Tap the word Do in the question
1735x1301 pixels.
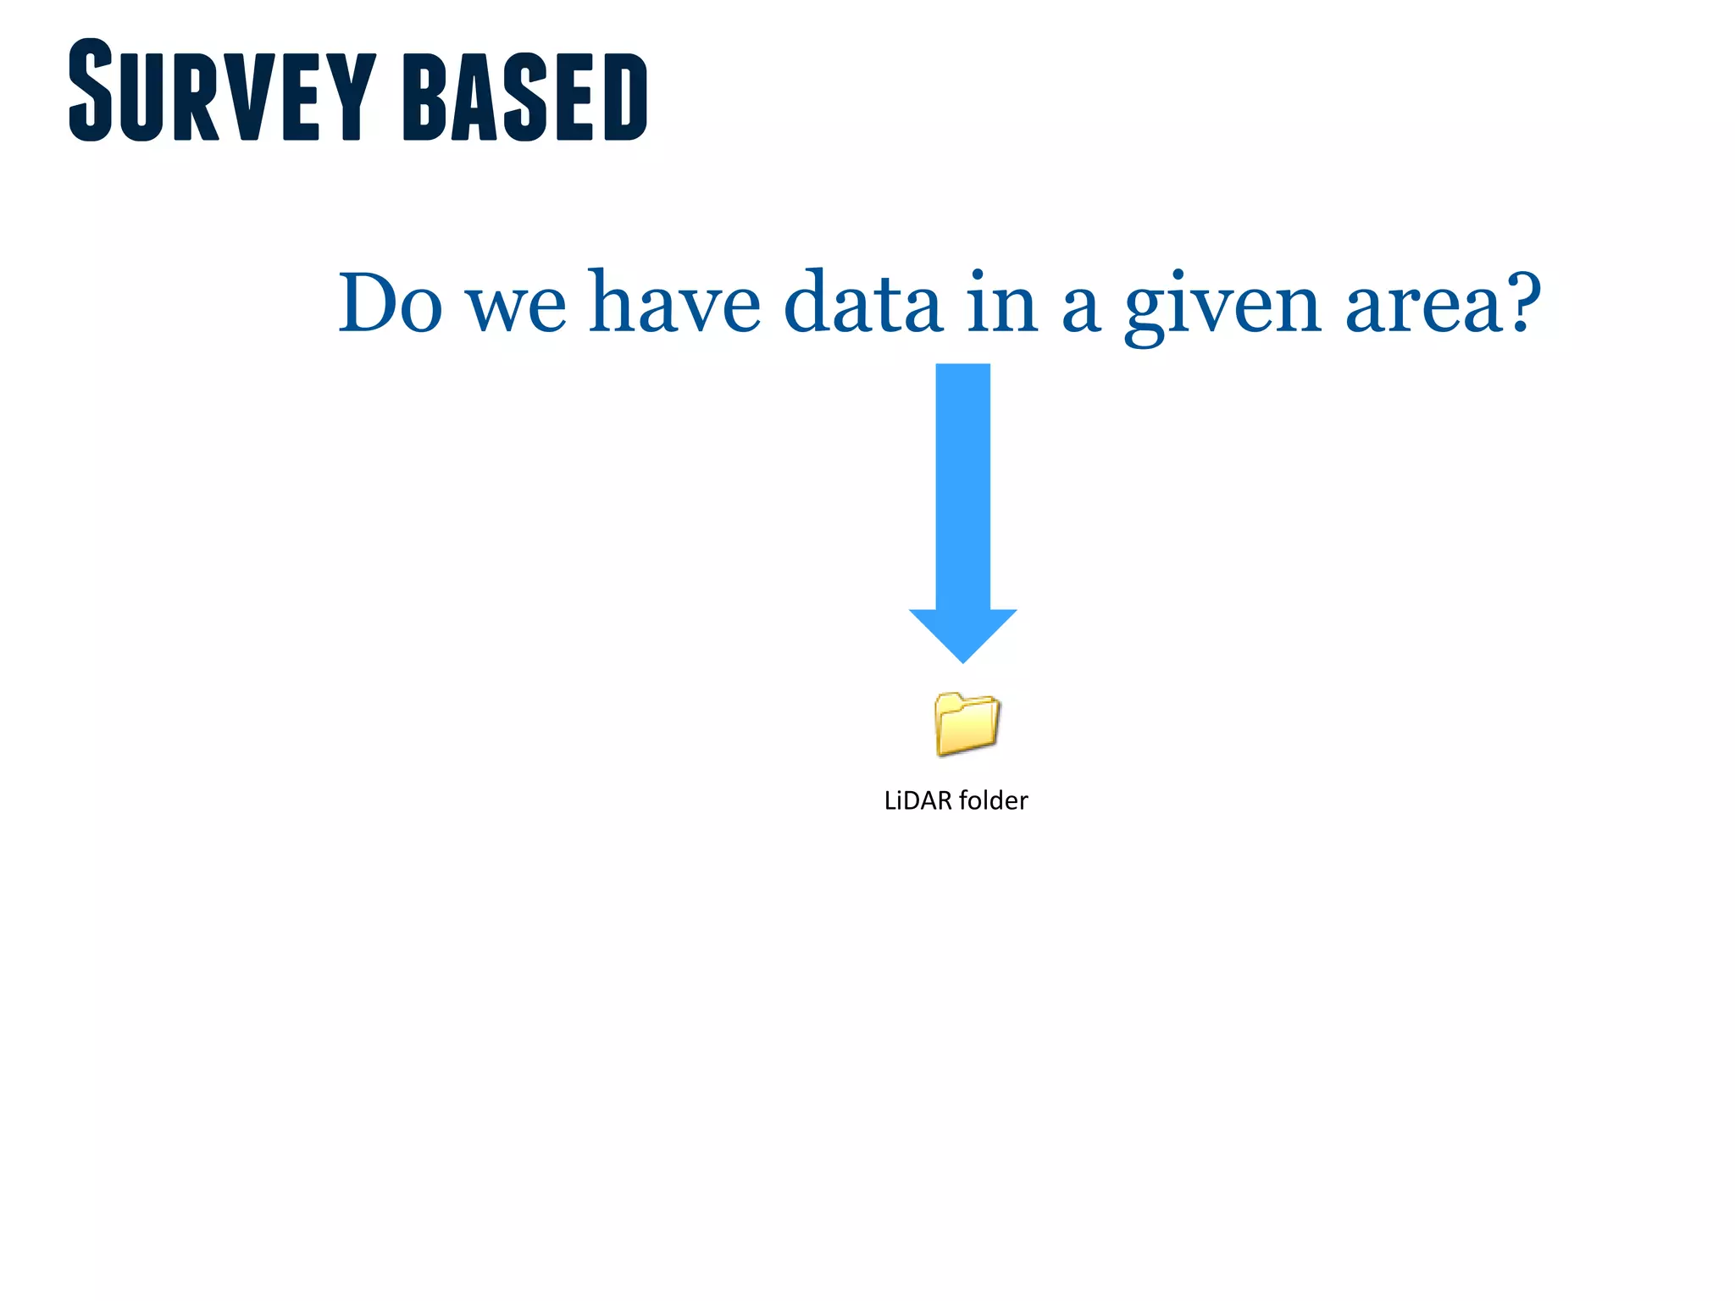point(390,303)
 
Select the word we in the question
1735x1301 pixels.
point(516,307)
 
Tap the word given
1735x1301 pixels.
point(1222,307)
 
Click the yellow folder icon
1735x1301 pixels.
point(967,723)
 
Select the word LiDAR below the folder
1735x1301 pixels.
point(917,800)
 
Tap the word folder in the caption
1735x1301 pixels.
point(993,800)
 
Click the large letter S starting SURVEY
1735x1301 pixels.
point(91,90)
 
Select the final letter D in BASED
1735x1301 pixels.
point(625,97)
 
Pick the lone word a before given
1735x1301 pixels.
point(1081,308)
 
